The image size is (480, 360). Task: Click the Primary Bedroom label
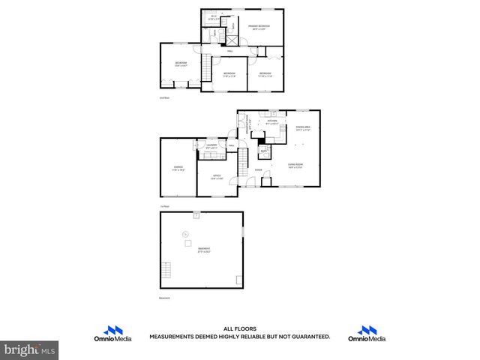pos(259,27)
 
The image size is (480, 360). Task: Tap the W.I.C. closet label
pos(214,17)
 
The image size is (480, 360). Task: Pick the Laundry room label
pos(211,146)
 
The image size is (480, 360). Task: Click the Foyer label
pos(258,170)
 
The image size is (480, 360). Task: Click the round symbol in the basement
pos(185,236)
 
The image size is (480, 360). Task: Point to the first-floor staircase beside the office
pos(242,161)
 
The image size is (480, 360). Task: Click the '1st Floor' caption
pos(163,205)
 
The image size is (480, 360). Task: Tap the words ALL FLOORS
pos(239,328)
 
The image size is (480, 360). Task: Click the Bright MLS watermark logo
pos(30,349)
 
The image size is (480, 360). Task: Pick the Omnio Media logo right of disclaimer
pos(367,334)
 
